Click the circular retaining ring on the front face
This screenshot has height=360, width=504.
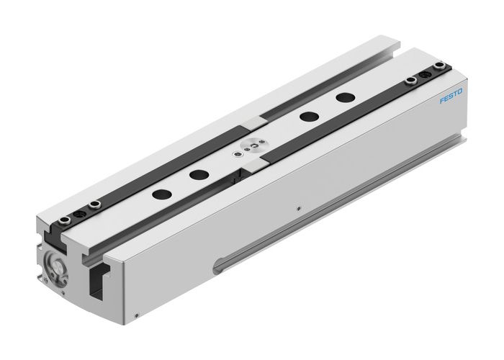coord(55,263)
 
